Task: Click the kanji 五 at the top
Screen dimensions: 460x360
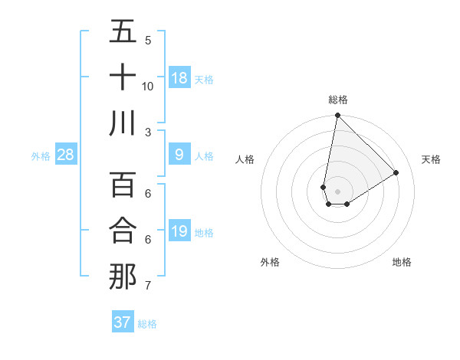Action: pyautogui.click(x=123, y=32)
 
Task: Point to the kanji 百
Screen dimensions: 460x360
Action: pyautogui.click(x=123, y=185)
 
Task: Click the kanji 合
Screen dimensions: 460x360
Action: pyautogui.click(x=123, y=231)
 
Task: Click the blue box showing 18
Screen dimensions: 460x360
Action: pyautogui.click(x=179, y=77)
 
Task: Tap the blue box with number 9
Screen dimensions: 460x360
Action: pyautogui.click(x=179, y=155)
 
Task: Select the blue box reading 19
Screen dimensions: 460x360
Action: pyautogui.click(x=179, y=231)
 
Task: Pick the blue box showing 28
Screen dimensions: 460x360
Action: pyautogui.click(x=66, y=155)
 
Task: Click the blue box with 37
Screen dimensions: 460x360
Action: pyautogui.click(x=123, y=322)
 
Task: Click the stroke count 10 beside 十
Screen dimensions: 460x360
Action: pyautogui.click(x=148, y=87)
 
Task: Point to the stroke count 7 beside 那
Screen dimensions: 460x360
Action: pyautogui.click(x=148, y=286)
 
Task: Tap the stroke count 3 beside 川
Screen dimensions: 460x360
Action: pyautogui.click(x=148, y=132)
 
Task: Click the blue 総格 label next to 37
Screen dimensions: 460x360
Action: pyautogui.click(x=148, y=324)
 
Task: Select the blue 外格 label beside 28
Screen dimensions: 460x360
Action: pyautogui.click(x=41, y=156)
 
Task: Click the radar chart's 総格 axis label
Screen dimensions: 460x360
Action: pyautogui.click(x=338, y=100)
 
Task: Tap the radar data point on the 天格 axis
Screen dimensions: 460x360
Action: pyautogui.click(x=396, y=172)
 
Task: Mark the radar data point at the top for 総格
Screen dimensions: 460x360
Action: pyautogui.click(x=337, y=116)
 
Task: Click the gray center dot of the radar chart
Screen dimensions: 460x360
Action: pyautogui.click(x=337, y=190)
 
